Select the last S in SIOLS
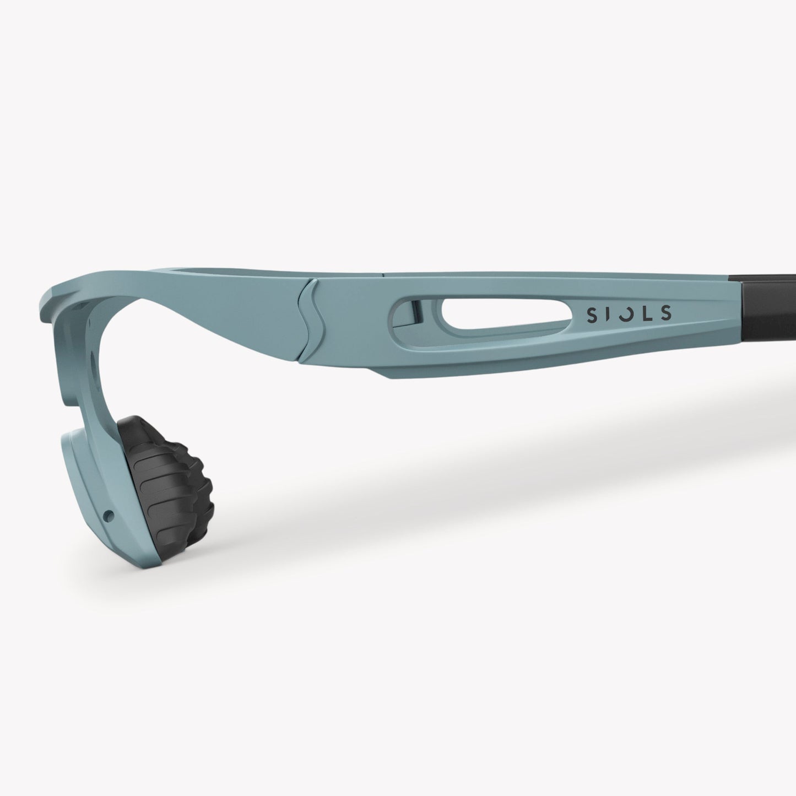(666, 313)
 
